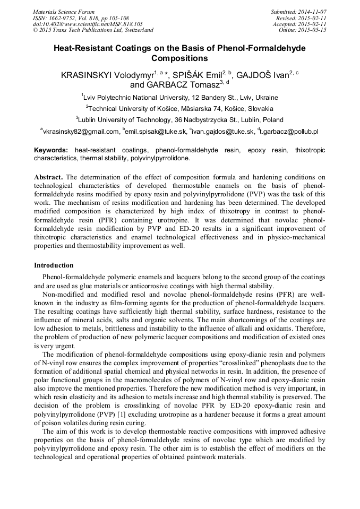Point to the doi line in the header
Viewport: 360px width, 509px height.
click(87, 24)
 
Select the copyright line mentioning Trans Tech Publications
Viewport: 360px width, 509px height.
click(93, 30)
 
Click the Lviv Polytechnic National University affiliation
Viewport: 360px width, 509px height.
click(179, 98)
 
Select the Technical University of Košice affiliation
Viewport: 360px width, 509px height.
click(179, 109)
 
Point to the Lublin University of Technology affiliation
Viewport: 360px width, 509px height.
click(179, 120)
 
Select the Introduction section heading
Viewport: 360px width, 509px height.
click(54, 265)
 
